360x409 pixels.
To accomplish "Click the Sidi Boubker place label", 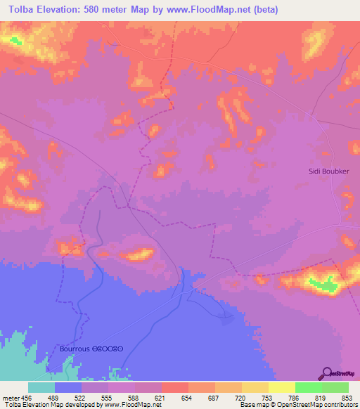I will (x=329, y=171).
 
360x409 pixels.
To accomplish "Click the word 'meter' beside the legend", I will (x=10, y=398).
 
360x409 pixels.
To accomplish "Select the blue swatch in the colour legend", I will (x=67, y=387).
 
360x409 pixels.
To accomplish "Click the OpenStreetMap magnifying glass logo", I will (x=326, y=372).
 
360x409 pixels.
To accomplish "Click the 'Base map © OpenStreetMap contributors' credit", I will (x=298, y=405).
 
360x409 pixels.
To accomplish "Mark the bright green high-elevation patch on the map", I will (x=324, y=284).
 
